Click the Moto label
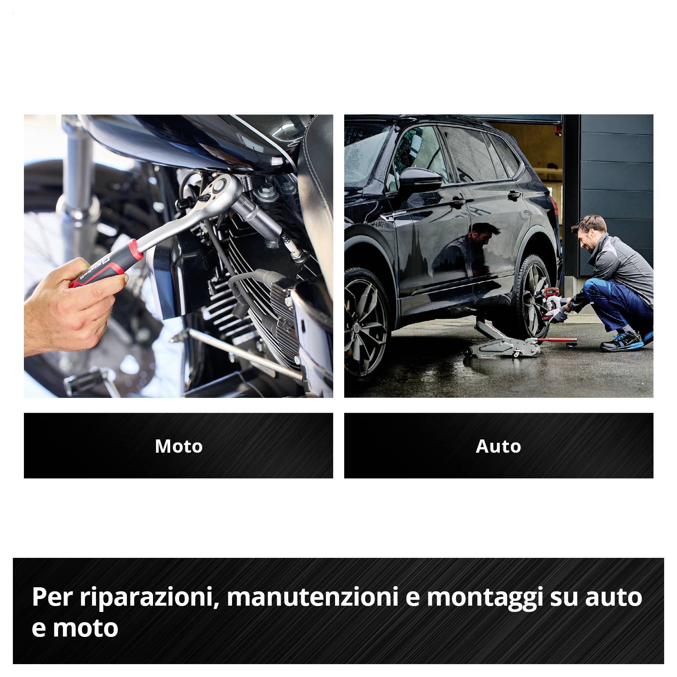pyautogui.click(x=179, y=446)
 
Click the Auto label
pyautogui.click(x=498, y=446)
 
